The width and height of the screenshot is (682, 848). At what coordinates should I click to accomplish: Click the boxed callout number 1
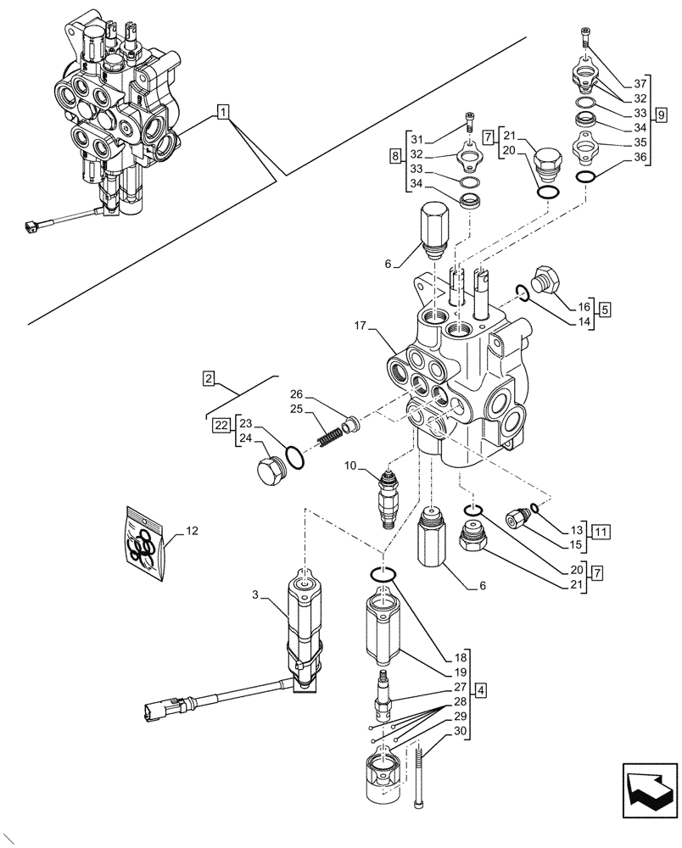pos(221,111)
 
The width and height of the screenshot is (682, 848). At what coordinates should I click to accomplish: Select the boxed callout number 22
pos(221,425)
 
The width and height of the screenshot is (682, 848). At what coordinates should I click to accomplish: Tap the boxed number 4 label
pos(480,689)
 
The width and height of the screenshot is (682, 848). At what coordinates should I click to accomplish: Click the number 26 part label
pos(295,393)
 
